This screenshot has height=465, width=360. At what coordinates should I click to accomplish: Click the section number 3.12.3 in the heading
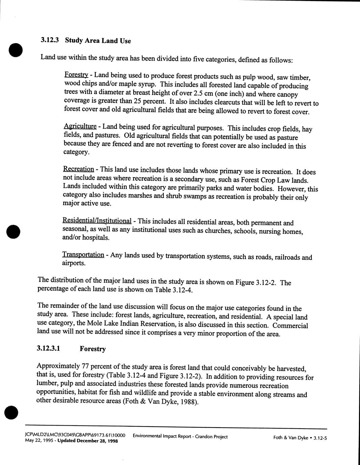(50, 40)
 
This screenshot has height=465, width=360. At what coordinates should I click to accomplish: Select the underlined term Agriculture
(80, 126)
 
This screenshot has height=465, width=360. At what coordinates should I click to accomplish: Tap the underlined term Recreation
(78, 169)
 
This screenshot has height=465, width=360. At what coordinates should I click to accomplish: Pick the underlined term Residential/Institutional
(97, 221)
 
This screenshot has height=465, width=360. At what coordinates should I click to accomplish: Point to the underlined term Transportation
(83, 254)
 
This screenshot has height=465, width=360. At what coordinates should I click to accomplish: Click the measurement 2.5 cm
(202, 93)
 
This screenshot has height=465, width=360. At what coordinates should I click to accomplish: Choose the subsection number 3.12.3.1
(49, 348)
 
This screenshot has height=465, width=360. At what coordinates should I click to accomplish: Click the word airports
(73, 263)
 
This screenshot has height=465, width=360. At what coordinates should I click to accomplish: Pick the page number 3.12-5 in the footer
(320, 438)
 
